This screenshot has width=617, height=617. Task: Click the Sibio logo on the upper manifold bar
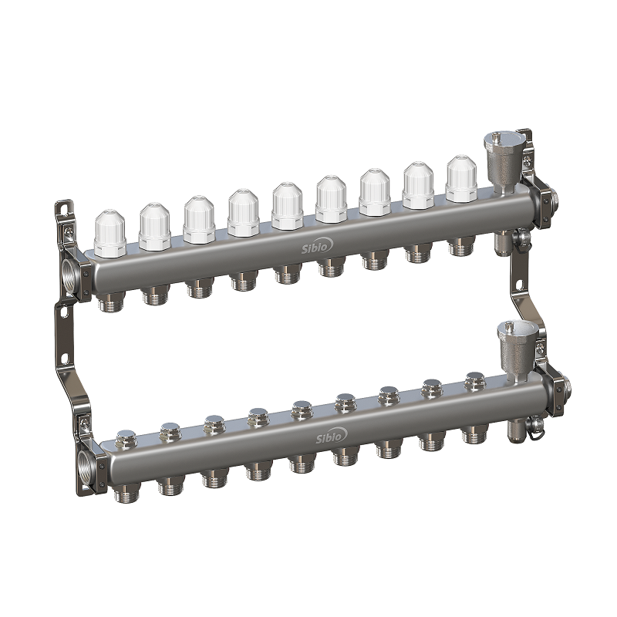pyautogui.click(x=317, y=246)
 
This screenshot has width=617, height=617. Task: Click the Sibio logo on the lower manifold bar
pyautogui.click(x=332, y=436)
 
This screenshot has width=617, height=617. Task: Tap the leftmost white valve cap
pyautogui.click(x=110, y=234)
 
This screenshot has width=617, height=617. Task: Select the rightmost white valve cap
pyautogui.click(x=461, y=179)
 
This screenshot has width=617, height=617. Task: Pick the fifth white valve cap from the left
pyautogui.click(x=287, y=206)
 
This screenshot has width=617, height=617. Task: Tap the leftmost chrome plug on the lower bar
pyautogui.click(x=126, y=440)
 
